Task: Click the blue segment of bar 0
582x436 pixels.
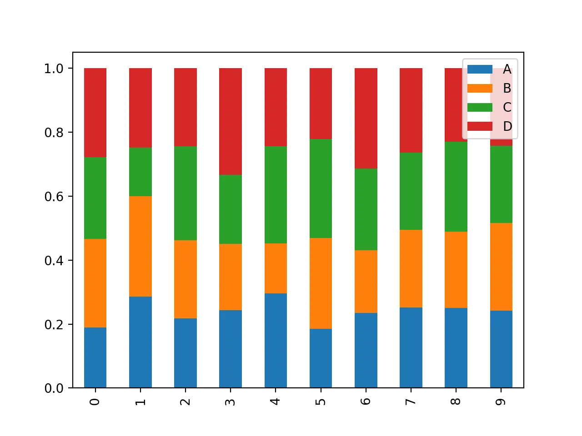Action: click(95, 357)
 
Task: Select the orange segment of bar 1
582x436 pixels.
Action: click(140, 246)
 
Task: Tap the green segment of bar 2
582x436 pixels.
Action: click(185, 193)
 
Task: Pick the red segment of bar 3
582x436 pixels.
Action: click(230, 121)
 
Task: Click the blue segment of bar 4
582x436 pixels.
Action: click(276, 341)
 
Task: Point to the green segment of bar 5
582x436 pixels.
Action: click(321, 188)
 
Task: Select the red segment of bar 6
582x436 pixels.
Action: click(366, 118)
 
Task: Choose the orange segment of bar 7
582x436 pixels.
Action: click(411, 268)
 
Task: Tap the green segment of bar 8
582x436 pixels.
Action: click(456, 187)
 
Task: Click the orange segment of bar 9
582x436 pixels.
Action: click(501, 267)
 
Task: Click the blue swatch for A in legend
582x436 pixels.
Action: click(480, 69)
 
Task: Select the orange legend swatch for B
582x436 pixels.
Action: click(480, 89)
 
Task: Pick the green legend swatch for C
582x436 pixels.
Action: click(480, 108)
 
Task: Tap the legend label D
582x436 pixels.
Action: click(507, 126)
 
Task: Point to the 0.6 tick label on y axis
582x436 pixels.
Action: click(54, 197)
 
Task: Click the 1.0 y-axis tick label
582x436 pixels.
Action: click(54, 69)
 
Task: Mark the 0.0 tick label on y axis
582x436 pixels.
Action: click(54, 388)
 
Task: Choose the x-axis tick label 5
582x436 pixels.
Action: click(321, 401)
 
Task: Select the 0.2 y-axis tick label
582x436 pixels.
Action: click(54, 325)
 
